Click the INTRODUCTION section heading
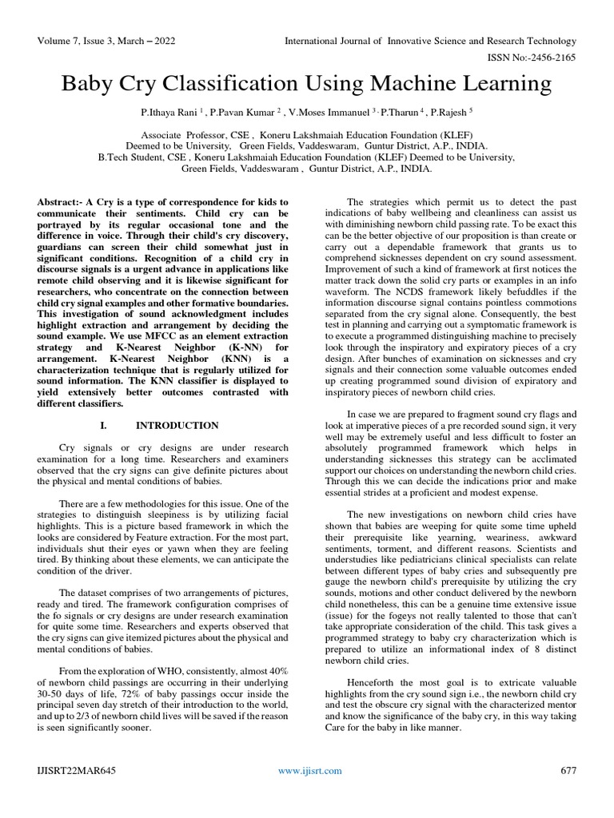click(177, 426)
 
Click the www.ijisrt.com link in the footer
click(309, 770)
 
